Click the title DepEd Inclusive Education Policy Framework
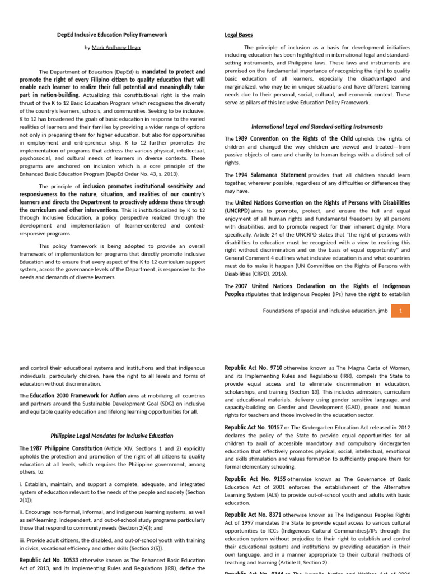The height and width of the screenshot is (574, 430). tap(112, 35)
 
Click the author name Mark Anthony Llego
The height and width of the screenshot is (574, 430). tap(115, 48)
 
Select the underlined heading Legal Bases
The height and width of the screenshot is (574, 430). tap(239, 35)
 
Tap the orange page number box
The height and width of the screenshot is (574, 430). tap(400, 310)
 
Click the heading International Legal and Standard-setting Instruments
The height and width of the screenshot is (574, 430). tap(317, 127)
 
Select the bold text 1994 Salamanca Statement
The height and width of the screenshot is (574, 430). tap(270, 175)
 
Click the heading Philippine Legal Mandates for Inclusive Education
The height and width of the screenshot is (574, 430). tap(112, 436)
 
